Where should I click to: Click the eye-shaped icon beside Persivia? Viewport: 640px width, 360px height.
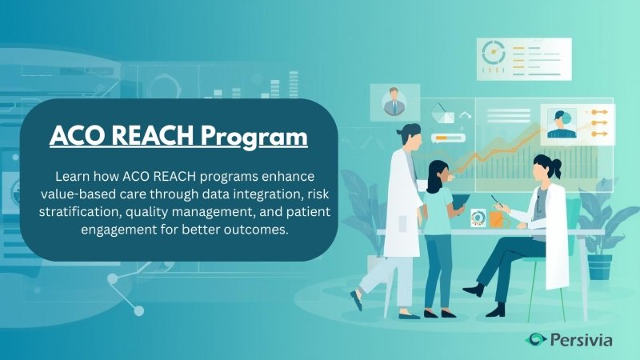tap(535, 340)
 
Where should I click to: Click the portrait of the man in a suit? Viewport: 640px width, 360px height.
tap(394, 102)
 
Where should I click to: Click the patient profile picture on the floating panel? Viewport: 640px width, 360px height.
tap(562, 122)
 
